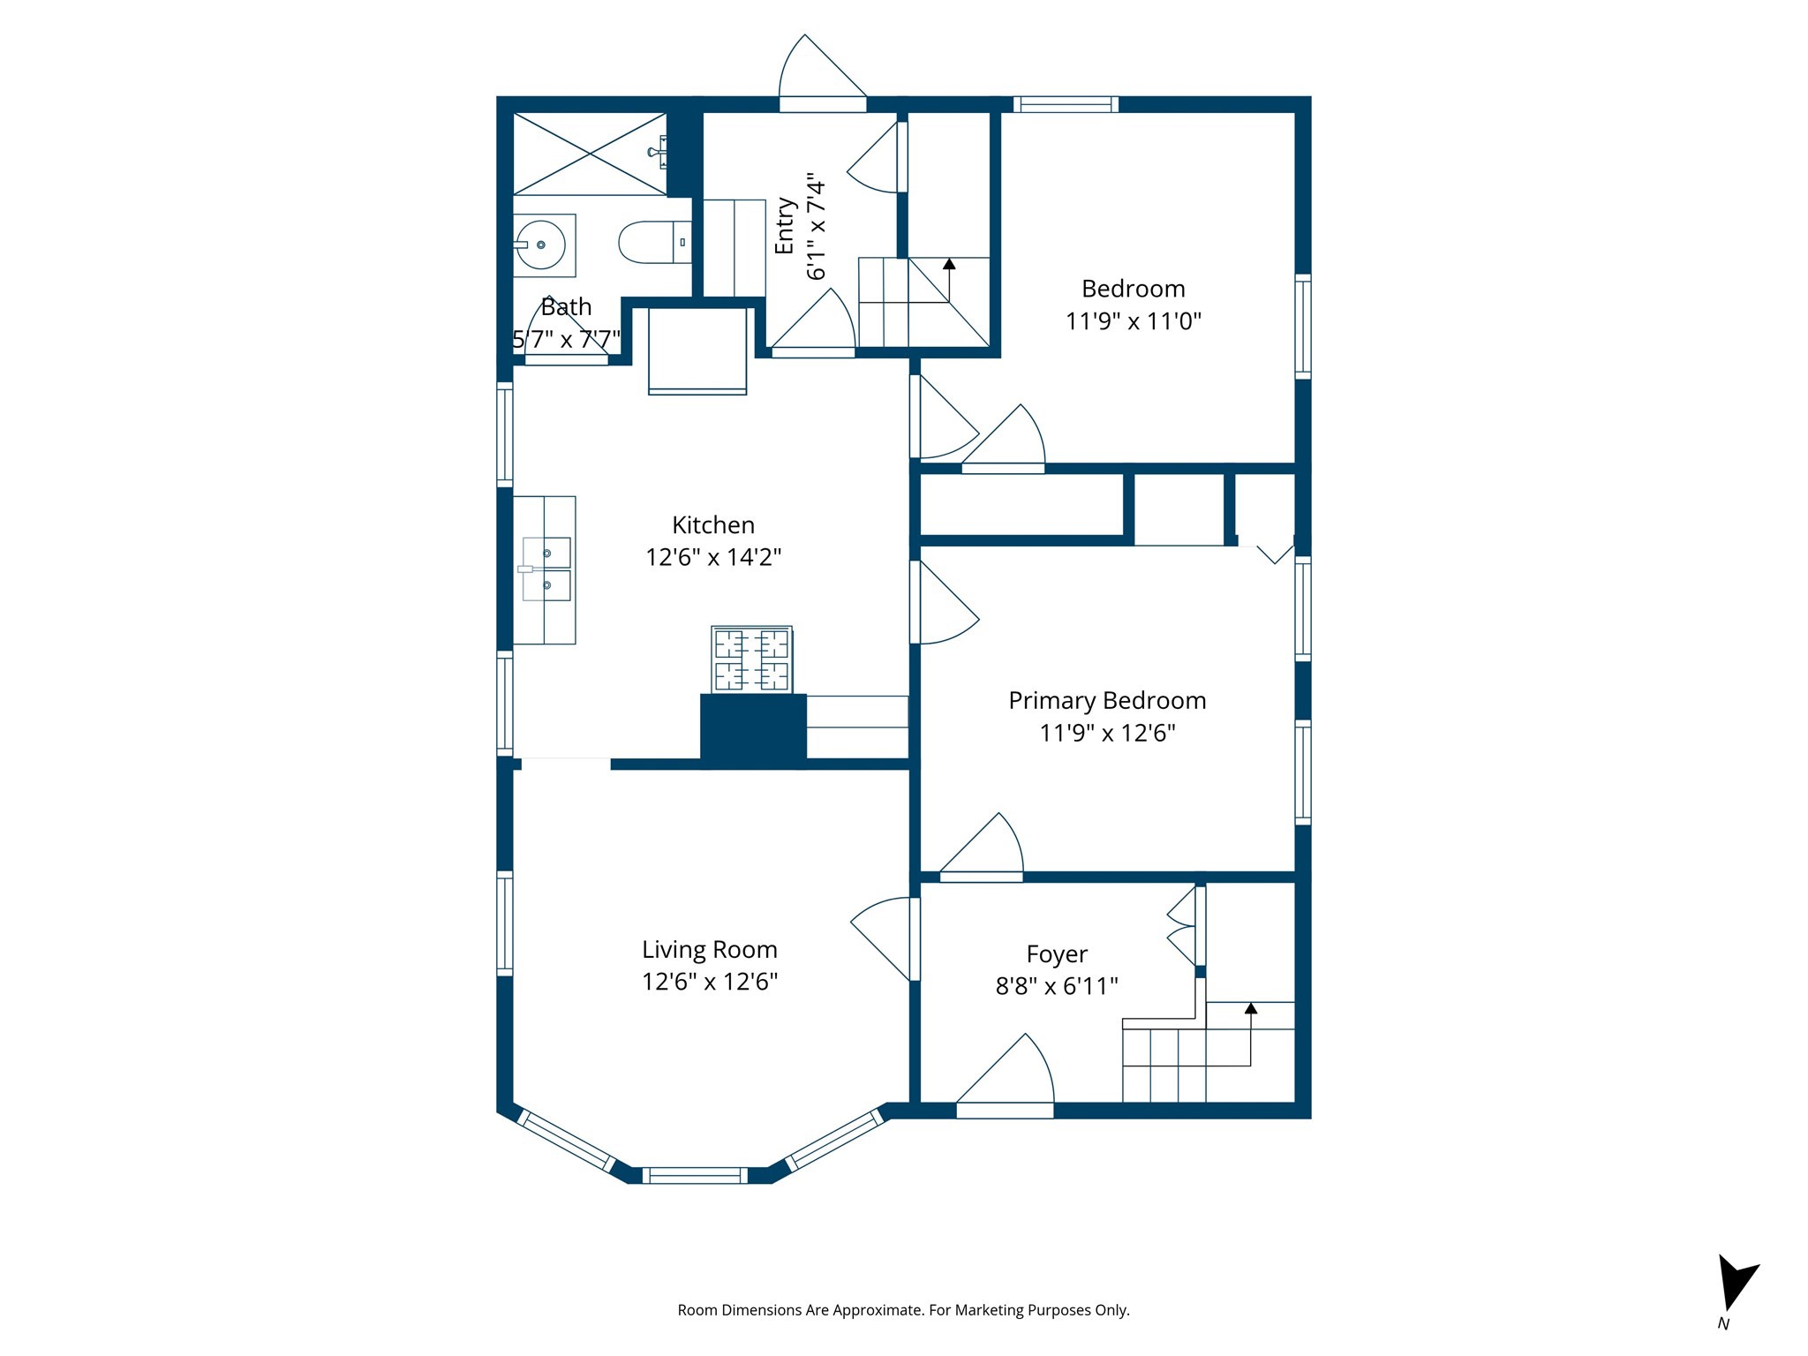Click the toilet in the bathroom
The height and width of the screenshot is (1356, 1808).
[653, 242]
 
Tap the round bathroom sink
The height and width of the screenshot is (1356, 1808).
[540, 245]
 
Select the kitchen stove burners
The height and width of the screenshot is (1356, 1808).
[751, 659]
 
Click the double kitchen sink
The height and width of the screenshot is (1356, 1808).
[546, 569]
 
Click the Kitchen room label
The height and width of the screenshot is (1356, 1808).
[712, 525]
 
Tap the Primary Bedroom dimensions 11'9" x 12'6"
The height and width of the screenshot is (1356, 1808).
[1107, 733]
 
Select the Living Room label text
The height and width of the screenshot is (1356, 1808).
[709, 950]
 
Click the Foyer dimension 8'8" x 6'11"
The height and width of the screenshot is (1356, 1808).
[1057, 986]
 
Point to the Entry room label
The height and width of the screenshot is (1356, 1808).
[785, 226]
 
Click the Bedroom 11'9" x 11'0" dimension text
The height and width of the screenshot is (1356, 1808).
[1133, 321]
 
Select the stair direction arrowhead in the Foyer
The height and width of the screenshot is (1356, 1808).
[1250, 1008]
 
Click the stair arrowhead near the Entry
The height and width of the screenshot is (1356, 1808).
[949, 263]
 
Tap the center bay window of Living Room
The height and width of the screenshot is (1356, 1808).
[695, 1175]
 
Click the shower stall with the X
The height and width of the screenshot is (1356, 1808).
[590, 154]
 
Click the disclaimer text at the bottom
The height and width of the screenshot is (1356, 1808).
[903, 1310]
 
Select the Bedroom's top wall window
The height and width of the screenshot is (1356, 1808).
[1066, 104]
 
